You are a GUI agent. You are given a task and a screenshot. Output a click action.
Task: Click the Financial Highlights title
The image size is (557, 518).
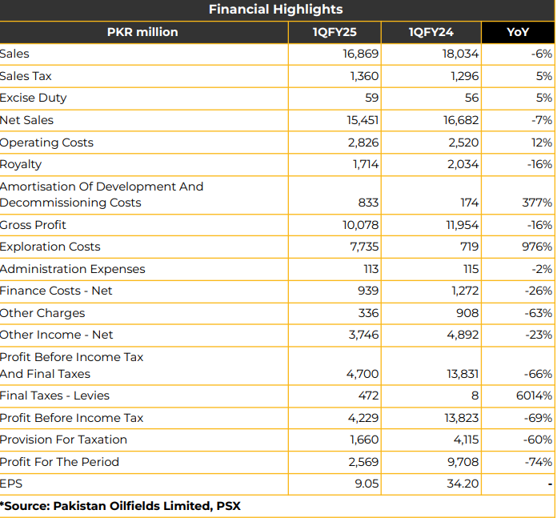click(x=275, y=10)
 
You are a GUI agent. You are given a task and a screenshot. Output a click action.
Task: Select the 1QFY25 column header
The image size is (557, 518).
click(x=335, y=32)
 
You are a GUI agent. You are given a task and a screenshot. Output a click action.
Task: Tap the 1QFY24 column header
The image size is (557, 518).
click(x=431, y=32)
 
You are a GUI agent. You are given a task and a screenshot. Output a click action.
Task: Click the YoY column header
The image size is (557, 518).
click(x=518, y=32)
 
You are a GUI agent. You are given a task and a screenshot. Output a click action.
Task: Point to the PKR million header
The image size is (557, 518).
click(x=142, y=32)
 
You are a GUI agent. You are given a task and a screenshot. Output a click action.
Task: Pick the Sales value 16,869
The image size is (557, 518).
click(x=361, y=54)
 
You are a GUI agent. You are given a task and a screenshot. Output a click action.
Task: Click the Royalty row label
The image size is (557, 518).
click(x=21, y=164)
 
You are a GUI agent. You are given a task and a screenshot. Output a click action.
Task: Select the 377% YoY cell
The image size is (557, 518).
click(x=537, y=203)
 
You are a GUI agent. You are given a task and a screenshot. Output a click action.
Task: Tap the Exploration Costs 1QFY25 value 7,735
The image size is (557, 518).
click(x=364, y=247)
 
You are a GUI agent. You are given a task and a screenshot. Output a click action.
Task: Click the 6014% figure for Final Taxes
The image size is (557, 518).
click(x=534, y=396)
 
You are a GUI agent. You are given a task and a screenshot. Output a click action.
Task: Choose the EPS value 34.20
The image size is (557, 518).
click(x=463, y=484)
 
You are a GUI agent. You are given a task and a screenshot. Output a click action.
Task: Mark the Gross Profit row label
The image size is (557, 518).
click(x=33, y=225)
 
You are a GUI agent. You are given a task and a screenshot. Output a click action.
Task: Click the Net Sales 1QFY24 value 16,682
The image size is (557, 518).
click(x=461, y=120)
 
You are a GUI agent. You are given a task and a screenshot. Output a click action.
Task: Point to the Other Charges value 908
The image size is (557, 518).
click(x=467, y=313)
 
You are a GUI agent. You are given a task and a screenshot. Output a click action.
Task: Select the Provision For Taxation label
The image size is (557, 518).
click(x=63, y=440)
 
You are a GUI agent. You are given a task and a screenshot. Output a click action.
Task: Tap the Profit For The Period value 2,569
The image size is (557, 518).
click(x=363, y=462)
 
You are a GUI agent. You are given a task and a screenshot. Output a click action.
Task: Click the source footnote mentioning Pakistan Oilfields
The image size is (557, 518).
click(x=120, y=506)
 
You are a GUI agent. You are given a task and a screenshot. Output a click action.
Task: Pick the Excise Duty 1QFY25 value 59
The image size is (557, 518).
click(x=371, y=98)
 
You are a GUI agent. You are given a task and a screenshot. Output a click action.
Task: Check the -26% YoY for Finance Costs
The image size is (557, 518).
click(x=538, y=291)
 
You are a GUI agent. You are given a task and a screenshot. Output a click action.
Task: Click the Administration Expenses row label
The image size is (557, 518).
click(x=73, y=269)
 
